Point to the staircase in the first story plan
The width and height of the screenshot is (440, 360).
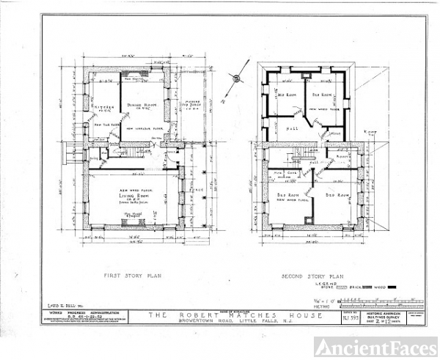pos(123,153)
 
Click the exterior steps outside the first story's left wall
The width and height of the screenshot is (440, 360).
pos(72,150)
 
